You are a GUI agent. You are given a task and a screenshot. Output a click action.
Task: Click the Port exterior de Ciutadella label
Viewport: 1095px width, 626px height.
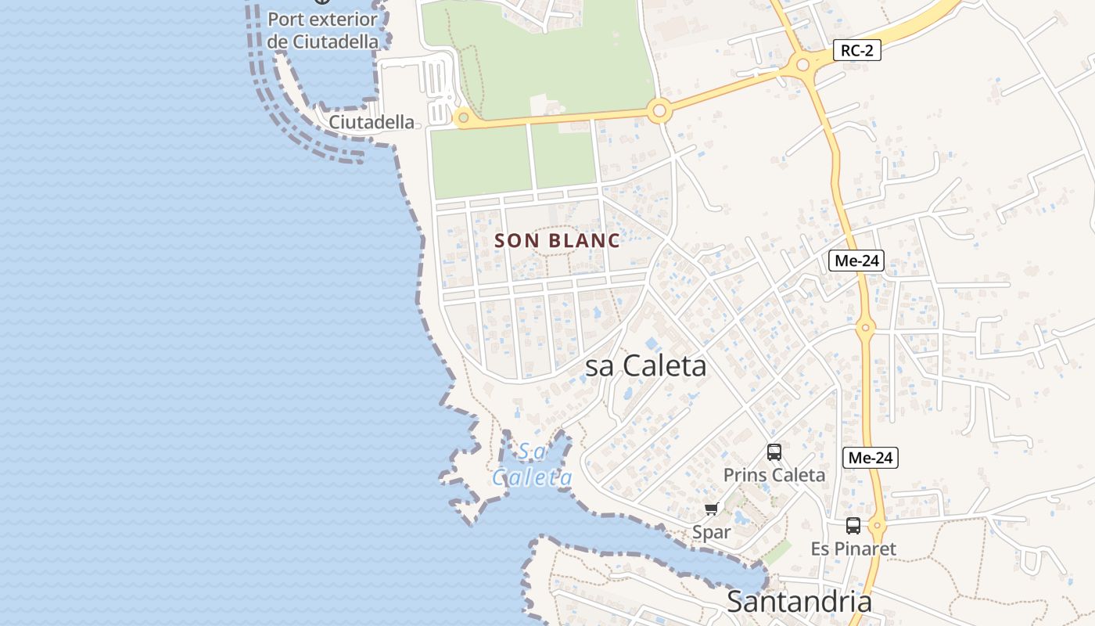pyautogui.click(x=322, y=31)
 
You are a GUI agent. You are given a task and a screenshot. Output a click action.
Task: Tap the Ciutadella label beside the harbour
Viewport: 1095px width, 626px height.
pyautogui.click(x=372, y=122)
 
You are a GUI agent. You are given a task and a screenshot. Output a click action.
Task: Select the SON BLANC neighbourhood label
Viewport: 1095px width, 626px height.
pyautogui.click(x=558, y=241)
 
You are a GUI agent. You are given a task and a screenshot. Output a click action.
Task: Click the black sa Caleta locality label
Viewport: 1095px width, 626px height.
pyautogui.click(x=646, y=366)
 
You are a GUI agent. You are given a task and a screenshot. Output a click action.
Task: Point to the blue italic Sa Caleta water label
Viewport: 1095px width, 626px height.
pyautogui.click(x=532, y=465)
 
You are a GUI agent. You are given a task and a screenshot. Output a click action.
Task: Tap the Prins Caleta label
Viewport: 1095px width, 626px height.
pyautogui.click(x=774, y=475)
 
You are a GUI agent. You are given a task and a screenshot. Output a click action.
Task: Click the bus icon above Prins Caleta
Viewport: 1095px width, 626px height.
pyautogui.click(x=774, y=452)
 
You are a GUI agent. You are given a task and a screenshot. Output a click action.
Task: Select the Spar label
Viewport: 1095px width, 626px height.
pyautogui.click(x=711, y=532)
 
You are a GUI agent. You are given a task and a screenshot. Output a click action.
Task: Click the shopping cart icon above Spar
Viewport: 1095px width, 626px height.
pyautogui.click(x=711, y=509)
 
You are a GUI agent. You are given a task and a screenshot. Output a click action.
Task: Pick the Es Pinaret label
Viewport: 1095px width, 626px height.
pyautogui.click(x=853, y=549)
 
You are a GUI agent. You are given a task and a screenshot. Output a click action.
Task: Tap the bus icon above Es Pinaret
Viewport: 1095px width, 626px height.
pyautogui.click(x=853, y=526)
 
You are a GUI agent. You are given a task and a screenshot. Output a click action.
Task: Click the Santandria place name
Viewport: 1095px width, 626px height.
pyautogui.click(x=799, y=602)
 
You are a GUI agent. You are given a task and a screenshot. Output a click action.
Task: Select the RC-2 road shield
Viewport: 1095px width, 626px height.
pyautogui.click(x=856, y=51)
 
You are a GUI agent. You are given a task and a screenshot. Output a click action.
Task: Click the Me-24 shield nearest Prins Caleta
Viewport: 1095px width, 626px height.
pyautogui.click(x=870, y=458)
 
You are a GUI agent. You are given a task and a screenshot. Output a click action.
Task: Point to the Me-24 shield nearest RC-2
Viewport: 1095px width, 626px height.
pyautogui.click(x=856, y=261)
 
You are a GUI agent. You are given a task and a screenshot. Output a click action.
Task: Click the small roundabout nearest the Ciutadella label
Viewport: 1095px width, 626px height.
pyautogui.click(x=463, y=118)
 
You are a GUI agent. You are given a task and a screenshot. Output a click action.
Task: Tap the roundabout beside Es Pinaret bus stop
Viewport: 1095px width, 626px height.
pyautogui.click(x=877, y=526)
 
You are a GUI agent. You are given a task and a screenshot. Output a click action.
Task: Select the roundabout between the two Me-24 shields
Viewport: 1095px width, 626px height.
pyautogui.click(x=864, y=329)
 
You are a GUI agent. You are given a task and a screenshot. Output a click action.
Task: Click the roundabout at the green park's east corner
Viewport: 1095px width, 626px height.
pyautogui.click(x=659, y=111)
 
